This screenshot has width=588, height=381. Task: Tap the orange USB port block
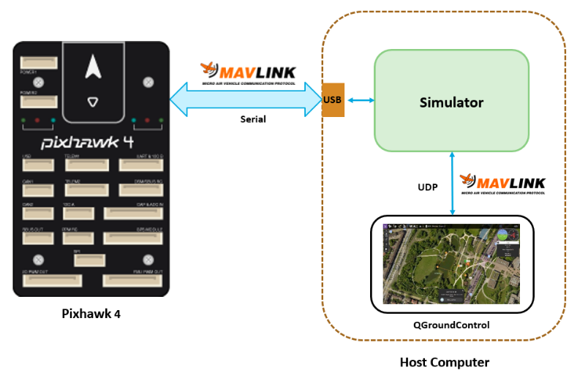(333, 99)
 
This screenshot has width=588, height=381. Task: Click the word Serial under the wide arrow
(253, 118)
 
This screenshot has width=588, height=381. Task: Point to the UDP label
(426, 187)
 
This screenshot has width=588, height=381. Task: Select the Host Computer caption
(444, 362)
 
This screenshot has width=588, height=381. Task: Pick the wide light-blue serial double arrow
(245, 99)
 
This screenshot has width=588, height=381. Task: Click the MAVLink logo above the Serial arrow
(248, 72)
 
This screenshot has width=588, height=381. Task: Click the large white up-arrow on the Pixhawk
(92, 67)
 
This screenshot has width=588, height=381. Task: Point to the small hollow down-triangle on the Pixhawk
(91, 102)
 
